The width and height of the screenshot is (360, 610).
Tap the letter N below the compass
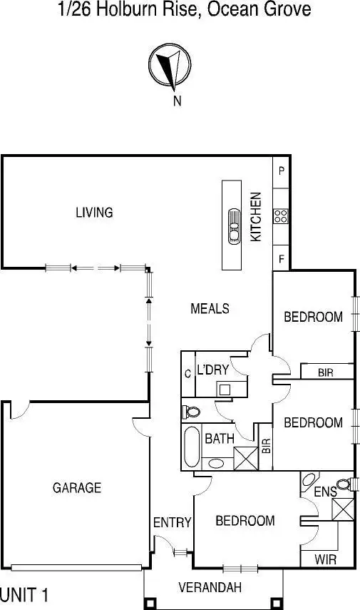pos(177,101)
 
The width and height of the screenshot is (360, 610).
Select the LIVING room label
pos(94,212)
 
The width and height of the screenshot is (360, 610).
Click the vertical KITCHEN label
pos(257,216)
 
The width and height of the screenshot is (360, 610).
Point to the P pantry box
pos(282,171)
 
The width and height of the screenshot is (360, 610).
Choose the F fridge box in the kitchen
pos(282,260)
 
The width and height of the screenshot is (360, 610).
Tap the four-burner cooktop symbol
pos(281,216)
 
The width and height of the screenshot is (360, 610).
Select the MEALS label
pos(210,308)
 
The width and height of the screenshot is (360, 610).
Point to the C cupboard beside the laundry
pos(187,373)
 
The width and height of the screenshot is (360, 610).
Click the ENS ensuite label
pos(324,492)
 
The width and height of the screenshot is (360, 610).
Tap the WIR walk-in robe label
pos(325,559)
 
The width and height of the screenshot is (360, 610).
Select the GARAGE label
pos(77,488)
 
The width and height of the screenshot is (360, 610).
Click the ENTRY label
pos(172,523)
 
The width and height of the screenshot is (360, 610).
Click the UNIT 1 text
pos(24,595)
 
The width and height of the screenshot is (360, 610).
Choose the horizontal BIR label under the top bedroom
pos(326,372)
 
